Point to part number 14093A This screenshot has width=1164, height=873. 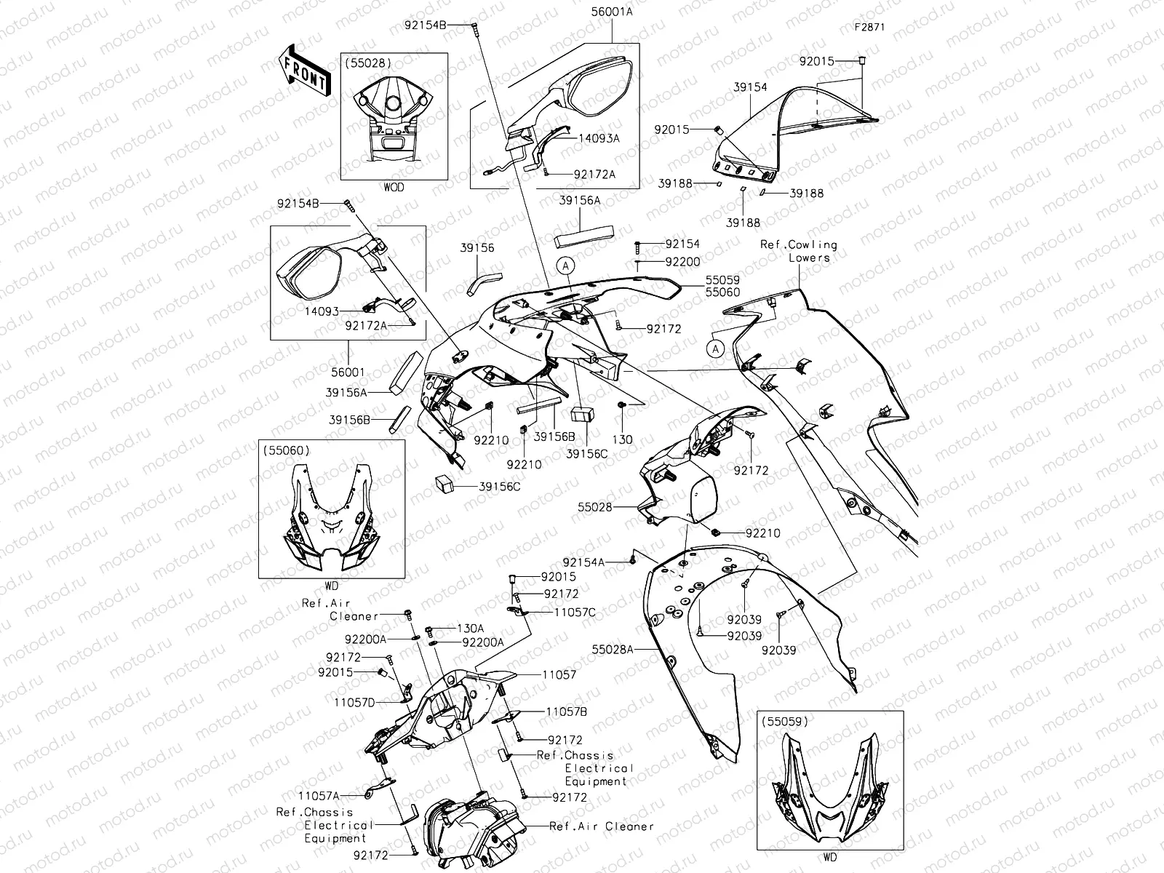pos(599,138)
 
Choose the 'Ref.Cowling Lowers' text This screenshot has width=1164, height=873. pos(799,251)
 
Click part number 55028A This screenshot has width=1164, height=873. pos(613,649)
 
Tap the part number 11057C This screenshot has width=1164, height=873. pos(575,613)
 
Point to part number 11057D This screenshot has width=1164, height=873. pos(354,702)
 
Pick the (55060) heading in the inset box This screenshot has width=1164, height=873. pos(289,450)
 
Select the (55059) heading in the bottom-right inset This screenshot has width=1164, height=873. pos(786,723)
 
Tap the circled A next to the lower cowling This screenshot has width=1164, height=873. pos(716,349)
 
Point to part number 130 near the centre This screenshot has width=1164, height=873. pos(622,439)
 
